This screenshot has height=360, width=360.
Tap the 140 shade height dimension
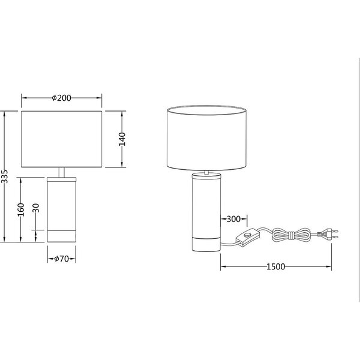121,139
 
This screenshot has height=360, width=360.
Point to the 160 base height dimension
20,209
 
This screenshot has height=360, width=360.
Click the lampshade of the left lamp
62,139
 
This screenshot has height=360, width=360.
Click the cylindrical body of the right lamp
206,204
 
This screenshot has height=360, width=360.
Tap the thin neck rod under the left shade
62,172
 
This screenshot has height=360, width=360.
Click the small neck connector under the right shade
206,173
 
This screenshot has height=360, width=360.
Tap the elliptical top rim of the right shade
207,109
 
